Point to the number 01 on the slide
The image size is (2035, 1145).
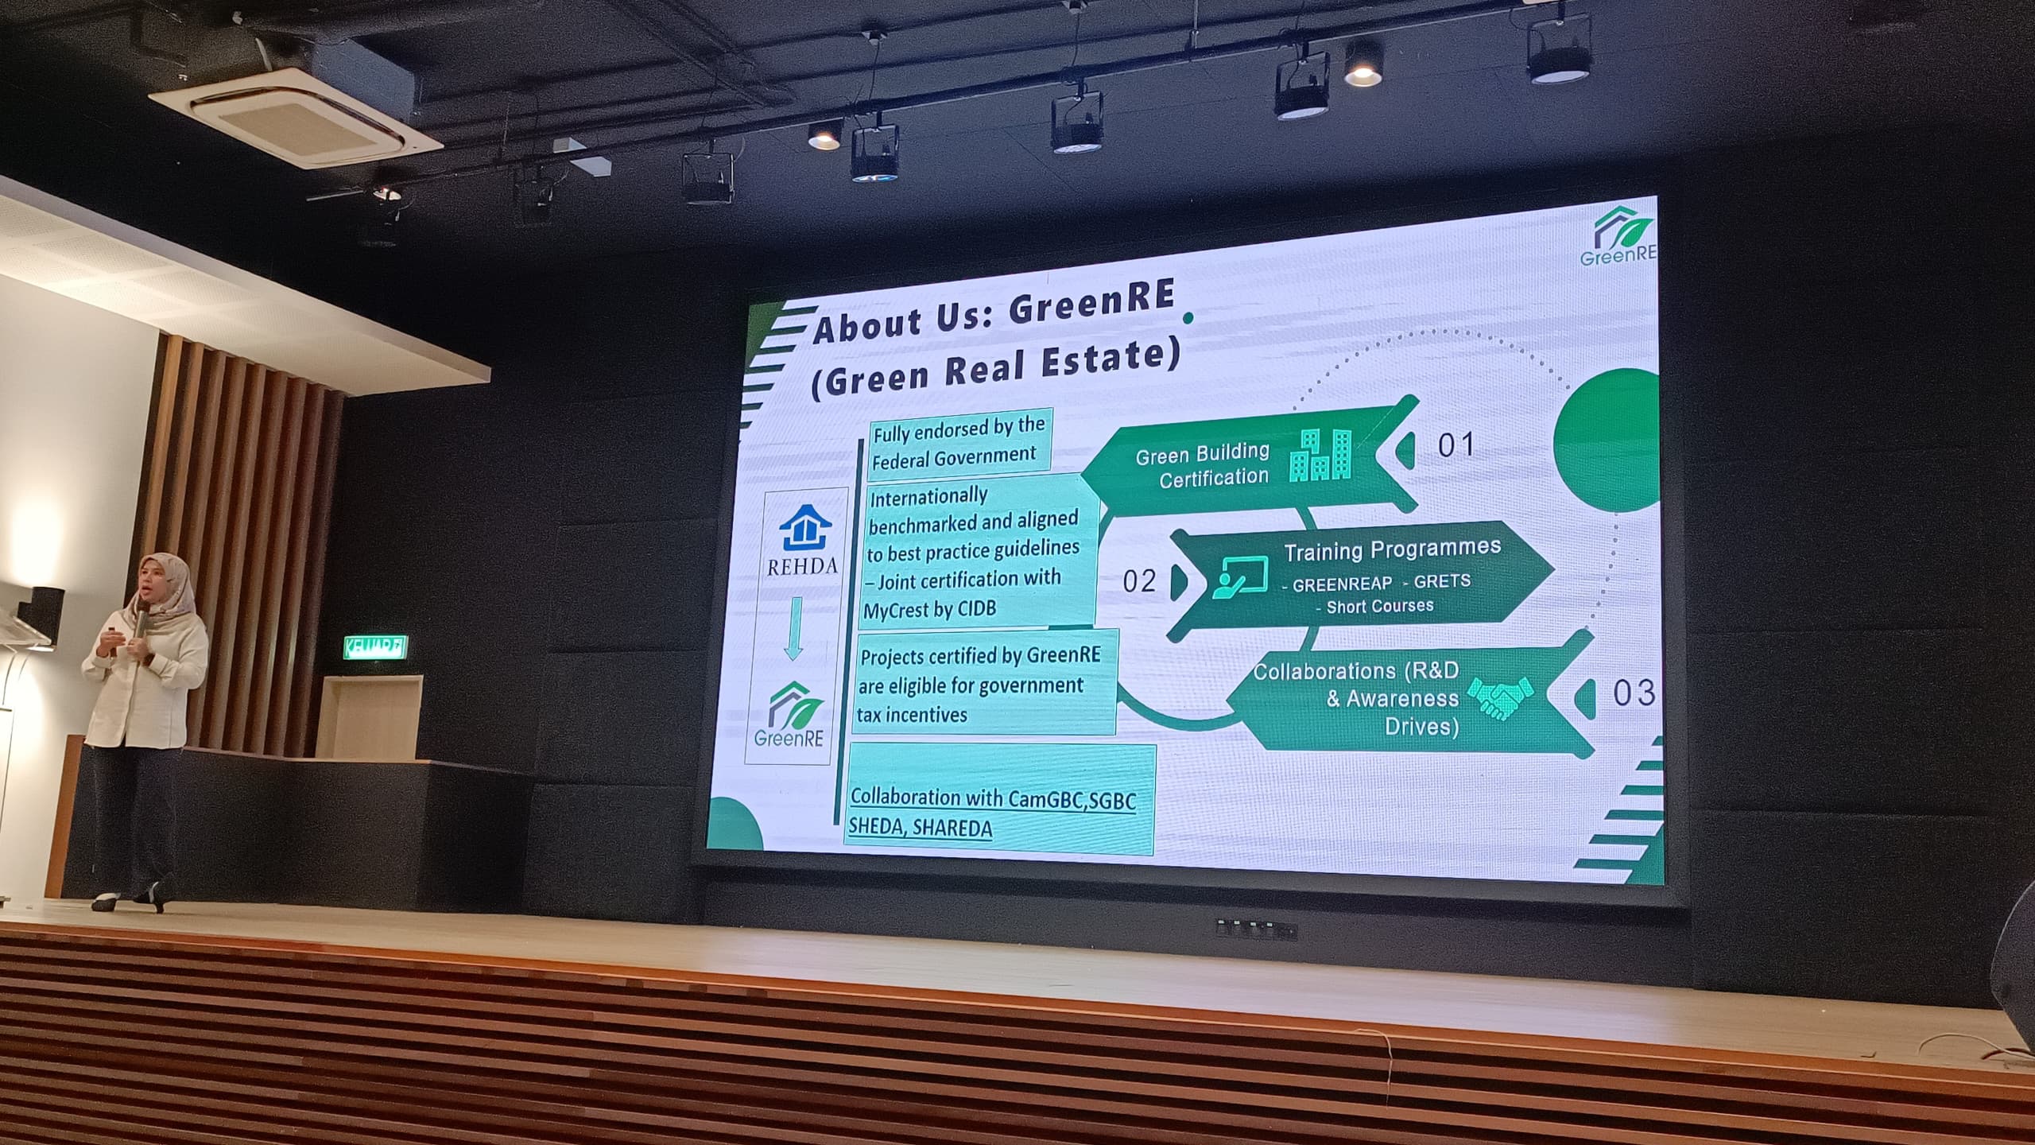(x=1456, y=444)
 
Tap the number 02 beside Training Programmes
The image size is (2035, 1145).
(x=1139, y=581)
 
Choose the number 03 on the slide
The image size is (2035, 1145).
(x=1634, y=693)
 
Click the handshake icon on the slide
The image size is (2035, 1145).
(x=1499, y=697)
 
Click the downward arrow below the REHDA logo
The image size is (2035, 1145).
(x=793, y=628)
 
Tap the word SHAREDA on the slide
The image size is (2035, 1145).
(x=952, y=829)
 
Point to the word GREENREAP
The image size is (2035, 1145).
(x=1342, y=585)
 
